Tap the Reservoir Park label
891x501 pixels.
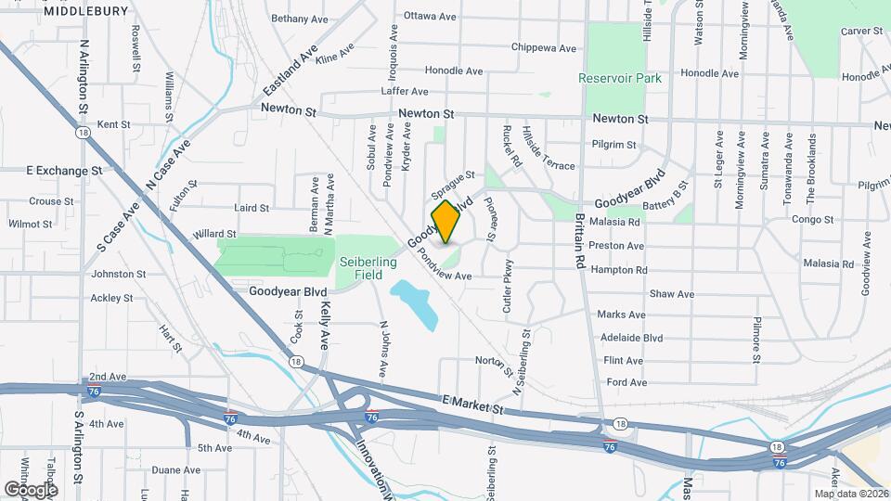pos(620,78)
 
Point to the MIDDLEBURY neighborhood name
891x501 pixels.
pos(85,11)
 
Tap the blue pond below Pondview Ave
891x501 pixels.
pos(414,303)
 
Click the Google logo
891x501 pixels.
pos(31,489)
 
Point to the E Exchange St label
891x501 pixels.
pos(64,171)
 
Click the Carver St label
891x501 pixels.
pos(861,31)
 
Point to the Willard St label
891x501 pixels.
pos(214,235)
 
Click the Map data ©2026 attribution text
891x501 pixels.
pos(850,493)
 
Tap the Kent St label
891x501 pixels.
pos(113,124)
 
